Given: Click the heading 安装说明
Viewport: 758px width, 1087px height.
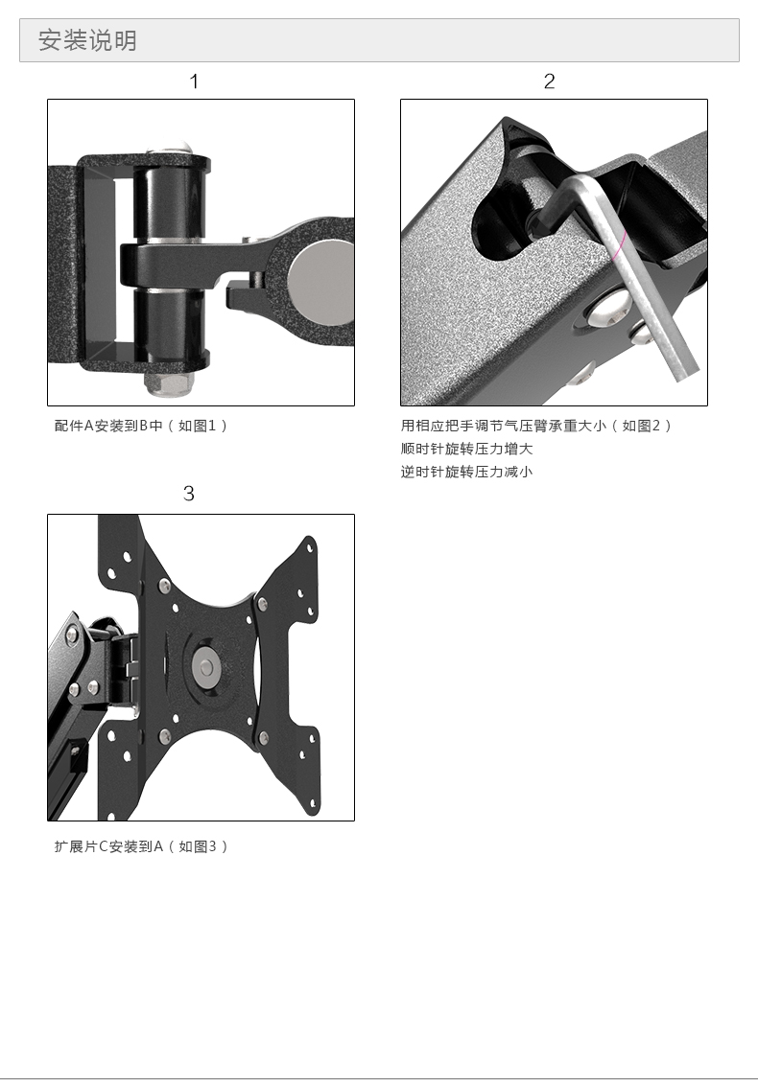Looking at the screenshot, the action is pos(87,40).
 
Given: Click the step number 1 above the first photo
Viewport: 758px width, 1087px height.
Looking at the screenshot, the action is pos(195,81).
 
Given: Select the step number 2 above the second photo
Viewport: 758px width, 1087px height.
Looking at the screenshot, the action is pos(549,81).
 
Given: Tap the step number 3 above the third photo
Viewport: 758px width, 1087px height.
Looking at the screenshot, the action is pos(189,494).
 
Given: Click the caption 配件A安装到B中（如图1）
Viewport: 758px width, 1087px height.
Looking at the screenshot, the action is pos(141,426).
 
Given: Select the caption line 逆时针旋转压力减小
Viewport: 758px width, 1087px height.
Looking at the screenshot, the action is pos(466,472).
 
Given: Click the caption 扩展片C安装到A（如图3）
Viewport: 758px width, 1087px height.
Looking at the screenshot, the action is pos(141,846).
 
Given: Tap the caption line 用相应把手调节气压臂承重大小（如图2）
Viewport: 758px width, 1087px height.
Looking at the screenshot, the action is pos(535,426).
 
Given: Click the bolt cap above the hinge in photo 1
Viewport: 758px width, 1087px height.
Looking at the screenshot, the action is pos(170,149).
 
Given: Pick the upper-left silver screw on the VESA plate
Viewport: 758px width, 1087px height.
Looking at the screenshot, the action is pos(164,587).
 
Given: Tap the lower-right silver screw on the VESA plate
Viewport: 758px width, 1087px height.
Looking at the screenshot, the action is pos(264,738).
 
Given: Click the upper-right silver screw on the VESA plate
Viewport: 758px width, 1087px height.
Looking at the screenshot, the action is pos(262,605).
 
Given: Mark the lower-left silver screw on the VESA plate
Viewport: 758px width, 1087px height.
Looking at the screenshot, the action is pos(165,736).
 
